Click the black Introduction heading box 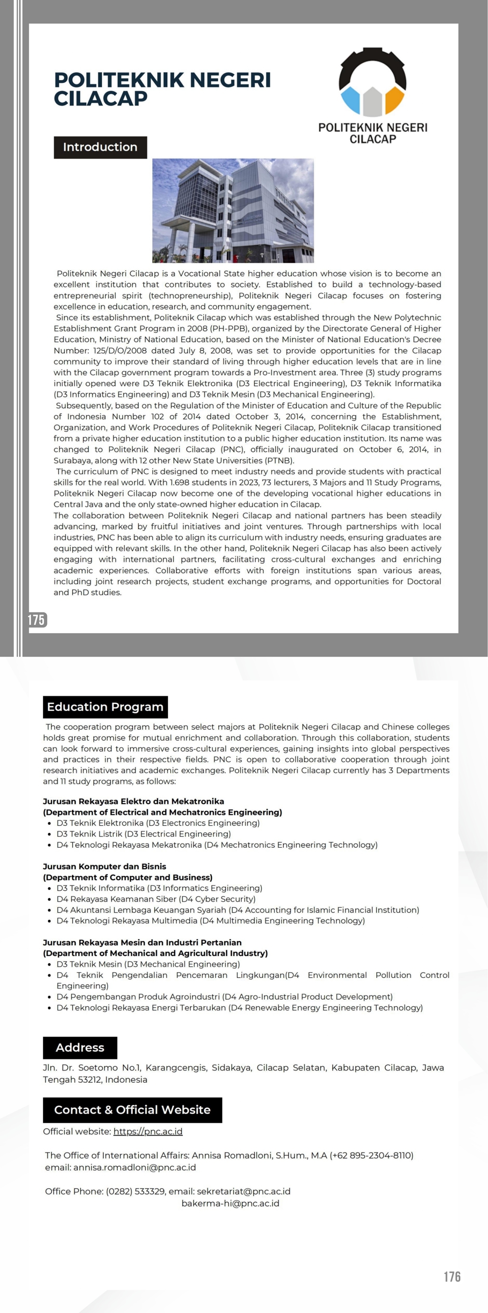[100, 147]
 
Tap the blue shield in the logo [351, 100]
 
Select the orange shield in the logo [394, 100]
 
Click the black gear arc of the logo [372, 66]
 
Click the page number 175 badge [37, 620]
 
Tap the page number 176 [452, 1276]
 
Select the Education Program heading [105, 707]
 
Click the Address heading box [80, 1048]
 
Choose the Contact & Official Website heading [132, 1110]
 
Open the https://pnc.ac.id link [148, 1131]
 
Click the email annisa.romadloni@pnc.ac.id [135, 1167]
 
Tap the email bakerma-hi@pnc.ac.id [230, 1203]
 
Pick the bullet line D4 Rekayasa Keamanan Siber [156, 899]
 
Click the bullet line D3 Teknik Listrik [144, 834]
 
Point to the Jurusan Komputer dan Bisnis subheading [104, 867]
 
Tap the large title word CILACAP [101, 99]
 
